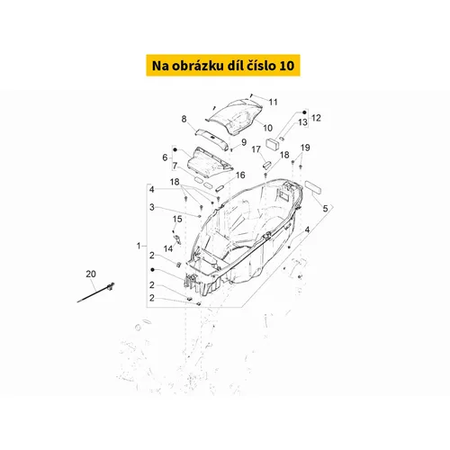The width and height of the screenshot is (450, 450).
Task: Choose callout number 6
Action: (165, 157)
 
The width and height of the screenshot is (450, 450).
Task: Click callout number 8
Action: (184, 119)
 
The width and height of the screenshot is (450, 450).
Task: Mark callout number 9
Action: (243, 142)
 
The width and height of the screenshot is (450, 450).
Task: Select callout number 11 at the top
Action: (273, 101)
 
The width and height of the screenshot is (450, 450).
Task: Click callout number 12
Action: (315, 118)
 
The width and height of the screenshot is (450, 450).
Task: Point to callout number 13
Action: (302, 121)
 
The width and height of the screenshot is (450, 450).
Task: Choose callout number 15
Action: (177, 219)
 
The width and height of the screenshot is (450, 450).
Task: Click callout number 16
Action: (240, 175)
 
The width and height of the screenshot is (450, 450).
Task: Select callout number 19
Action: (305, 147)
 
